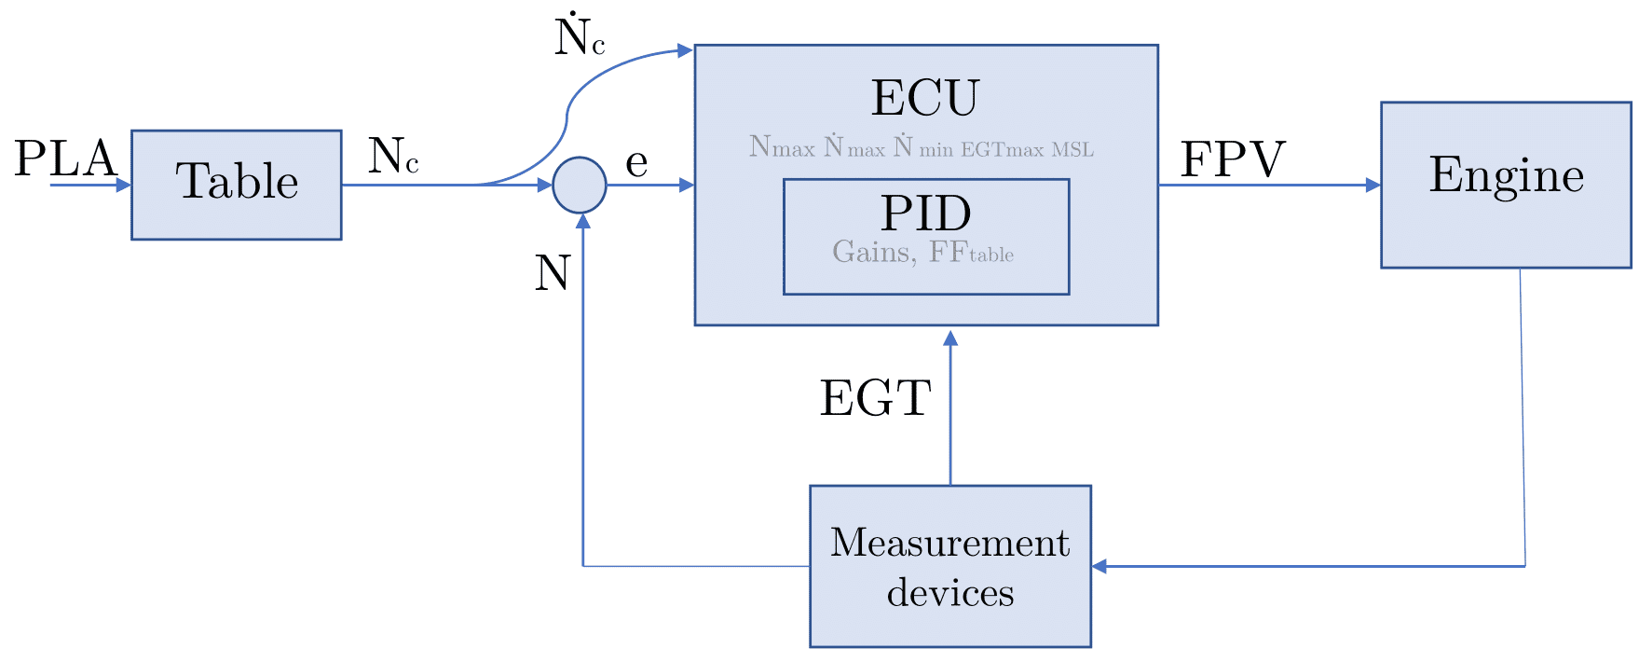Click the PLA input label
[65, 159]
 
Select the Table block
[237, 185]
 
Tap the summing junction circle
[580, 185]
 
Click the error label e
[636, 163]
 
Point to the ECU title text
[925, 98]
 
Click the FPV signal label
[1233, 159]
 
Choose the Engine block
[1506, 185]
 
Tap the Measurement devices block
[949, 566]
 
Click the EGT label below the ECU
[875, 399]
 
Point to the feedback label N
[553, 274]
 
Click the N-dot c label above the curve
[580, 38]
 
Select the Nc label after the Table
[393, 157]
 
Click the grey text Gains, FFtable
[922, 253]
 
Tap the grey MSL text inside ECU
[1072, 149]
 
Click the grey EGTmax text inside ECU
[1004, 149]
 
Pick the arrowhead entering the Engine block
[1373, 185]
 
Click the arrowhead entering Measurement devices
[1099, 566]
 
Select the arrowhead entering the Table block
[124, 185]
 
